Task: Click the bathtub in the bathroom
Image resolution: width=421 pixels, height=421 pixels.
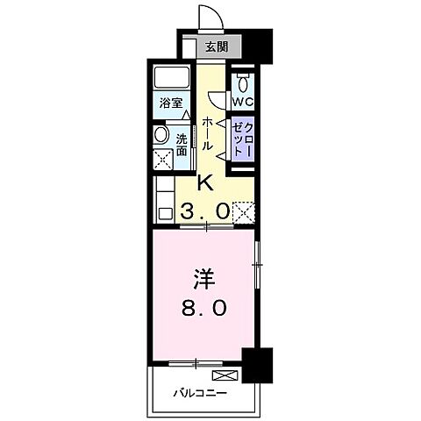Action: pos(169,77)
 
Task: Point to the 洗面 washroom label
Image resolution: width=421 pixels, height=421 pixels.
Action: pos(182,143)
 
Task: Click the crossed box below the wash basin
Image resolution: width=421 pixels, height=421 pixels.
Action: pos(162,160)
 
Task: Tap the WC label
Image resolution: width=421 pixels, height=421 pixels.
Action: pos(242,102)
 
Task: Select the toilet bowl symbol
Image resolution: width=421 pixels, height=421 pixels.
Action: pos(243,82)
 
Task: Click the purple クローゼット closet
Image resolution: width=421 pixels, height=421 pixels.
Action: pos(242,138)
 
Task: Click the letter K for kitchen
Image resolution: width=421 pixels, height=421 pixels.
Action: pos(206,183)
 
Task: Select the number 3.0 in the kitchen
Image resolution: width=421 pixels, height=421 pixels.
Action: pos(206,210)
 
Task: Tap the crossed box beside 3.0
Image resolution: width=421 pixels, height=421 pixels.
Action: pos(244,210)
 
